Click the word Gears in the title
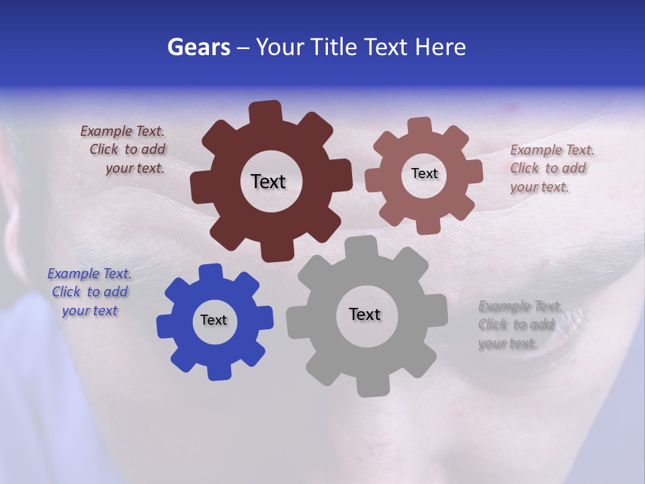click(x=198, y=47)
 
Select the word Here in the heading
click(x=440, y=47)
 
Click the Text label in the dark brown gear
click(x=268, y=182)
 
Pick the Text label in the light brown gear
click(x=424, y=173)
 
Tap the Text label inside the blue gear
click(x=213, y=321)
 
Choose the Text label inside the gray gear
click(x=365, y=314)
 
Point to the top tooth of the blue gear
click(x=211, y=272)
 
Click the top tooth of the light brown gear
click(x=420, y=126)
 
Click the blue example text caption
click(x=89, y=292)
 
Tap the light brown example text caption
click(x=551, y=168)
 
